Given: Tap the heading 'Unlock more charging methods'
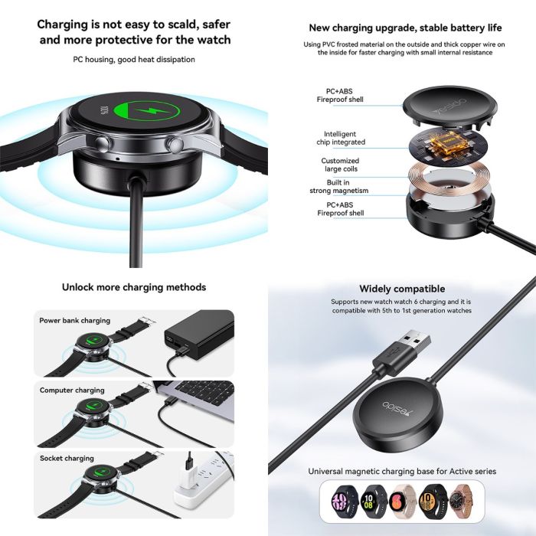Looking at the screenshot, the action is pyautogui.click(x=134, y=287).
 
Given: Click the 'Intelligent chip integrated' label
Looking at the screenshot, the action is pyautogui.click(x=341, y=138).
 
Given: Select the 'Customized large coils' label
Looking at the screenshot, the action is pyautogui.click(x=340, y=165).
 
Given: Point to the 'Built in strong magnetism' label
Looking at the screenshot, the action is pyautogui.click(x=338, y=187).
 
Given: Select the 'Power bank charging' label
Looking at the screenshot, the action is pyautogui.click(x=74, y=321).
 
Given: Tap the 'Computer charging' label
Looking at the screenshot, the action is pyautogui.click(x=72, y=391).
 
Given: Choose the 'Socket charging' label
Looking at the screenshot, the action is pyautogui.click(x=67, y=459).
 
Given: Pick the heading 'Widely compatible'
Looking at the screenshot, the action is pyautogui.click(x=402, y=289).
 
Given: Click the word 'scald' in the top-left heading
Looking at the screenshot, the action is pyautogui.click(x=181, y=25).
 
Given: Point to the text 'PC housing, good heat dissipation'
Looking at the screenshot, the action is pyautogui.click(x=134, y=60).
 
